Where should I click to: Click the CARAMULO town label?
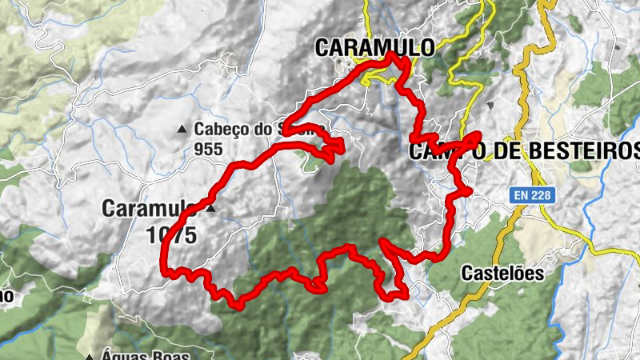(x=374, y=46)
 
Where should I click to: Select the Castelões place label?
(x=502, y=274)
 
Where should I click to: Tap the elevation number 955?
(x=207, y=148)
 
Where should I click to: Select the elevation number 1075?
(x=172, y=235)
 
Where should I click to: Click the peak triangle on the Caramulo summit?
(x=211, y=209)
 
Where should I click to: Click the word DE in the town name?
(x=494, y=150)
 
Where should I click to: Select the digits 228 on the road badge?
(x=540, y=195)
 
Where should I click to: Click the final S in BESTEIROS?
(x=633, y=150)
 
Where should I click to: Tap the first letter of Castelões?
(x=467, y=274)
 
